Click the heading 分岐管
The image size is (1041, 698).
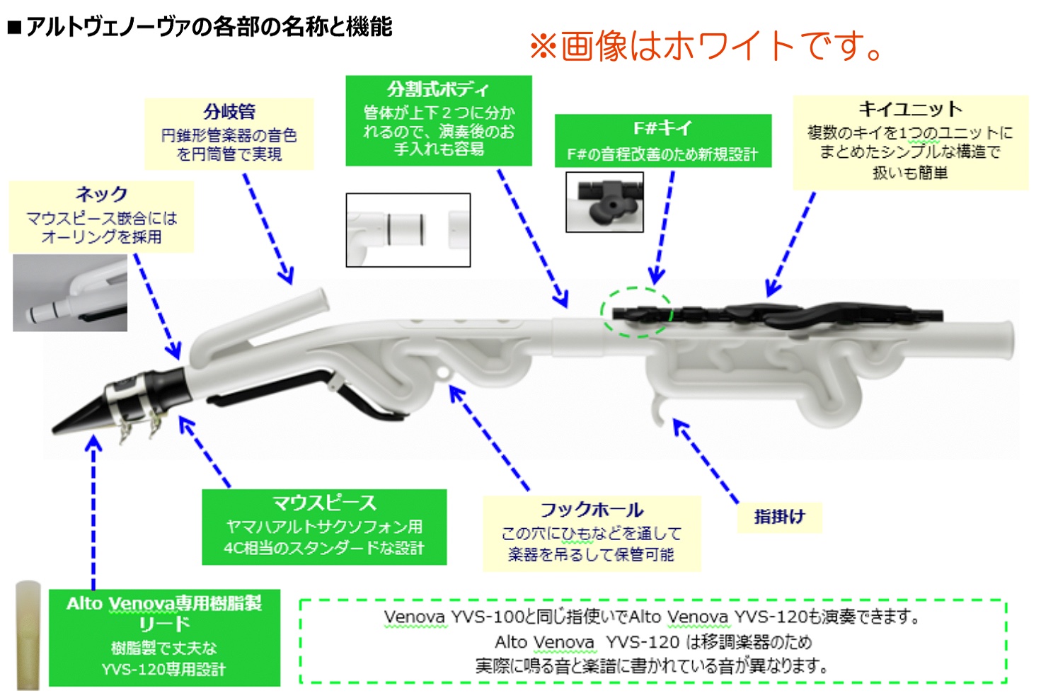click(229, 112)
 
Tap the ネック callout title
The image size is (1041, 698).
click(101, 194)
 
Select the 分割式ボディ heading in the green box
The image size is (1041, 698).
click(438, 89)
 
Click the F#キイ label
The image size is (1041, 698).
click(662, 128)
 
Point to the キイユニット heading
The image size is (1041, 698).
click(910, 109)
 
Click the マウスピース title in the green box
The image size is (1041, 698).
click(324, 503)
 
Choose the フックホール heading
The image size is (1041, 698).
click(592, 510)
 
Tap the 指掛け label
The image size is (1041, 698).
click(779, 517)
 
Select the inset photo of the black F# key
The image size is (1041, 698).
click(604, 202)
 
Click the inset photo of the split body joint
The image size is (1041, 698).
click(408, 230)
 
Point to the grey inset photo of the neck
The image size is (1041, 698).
click(69, 293)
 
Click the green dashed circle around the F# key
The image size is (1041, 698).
click(636, 312)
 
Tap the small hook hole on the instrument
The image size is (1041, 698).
click(443, 371)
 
